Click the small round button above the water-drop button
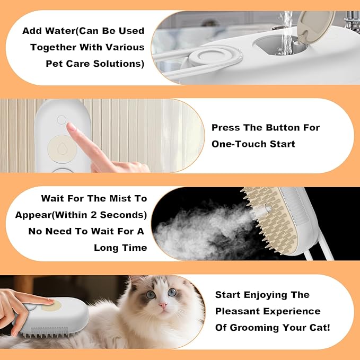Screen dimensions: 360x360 pos(62,120)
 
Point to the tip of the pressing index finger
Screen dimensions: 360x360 pos(71,127)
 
